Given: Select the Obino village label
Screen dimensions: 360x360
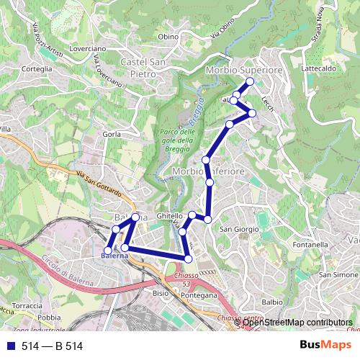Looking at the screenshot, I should (168, 37).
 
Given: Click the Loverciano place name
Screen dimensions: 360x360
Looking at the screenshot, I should (89, 48).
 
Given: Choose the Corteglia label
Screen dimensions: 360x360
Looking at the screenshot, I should (38, 68).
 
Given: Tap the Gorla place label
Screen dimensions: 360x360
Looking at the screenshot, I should (112, 134).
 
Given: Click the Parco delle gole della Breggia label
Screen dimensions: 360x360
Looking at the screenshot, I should (176, 140).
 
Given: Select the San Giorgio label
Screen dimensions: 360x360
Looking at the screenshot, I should (239, 229).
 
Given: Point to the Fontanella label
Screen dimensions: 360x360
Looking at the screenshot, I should (310, 245).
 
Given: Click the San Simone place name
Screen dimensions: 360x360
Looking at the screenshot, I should (338, 275).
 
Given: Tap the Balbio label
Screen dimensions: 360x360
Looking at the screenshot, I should (272, 302).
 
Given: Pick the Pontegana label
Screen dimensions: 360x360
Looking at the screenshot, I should (199, 295).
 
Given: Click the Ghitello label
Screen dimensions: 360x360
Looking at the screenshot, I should (170, 215).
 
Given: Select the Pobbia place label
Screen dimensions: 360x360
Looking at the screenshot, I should (49, 317).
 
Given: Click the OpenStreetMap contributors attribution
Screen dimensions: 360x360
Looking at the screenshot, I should (297, 323).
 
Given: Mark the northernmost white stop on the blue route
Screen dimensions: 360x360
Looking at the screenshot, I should (250, 82).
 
